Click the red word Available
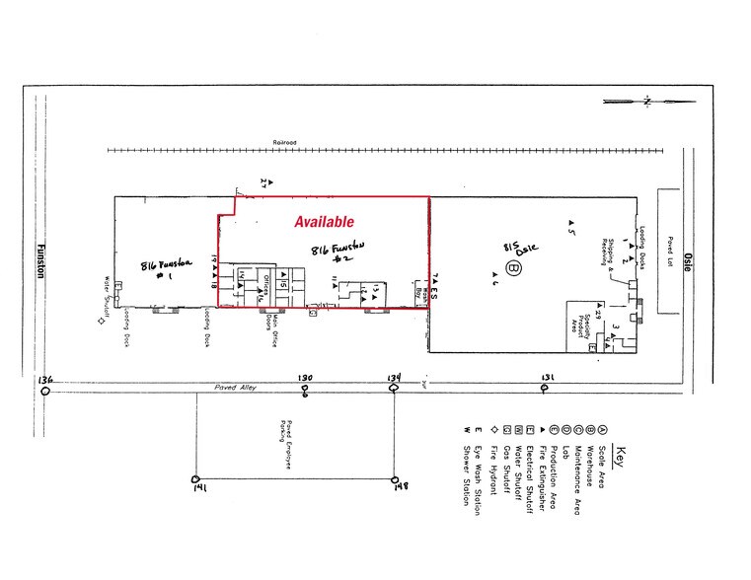click(x=324, y=223)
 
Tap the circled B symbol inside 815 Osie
click(x=512, y=267)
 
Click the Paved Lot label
click(x=668, y=252)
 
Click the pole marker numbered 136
click(x=45, y=391)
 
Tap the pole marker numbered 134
click(x=394, y=390)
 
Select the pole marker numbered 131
click(x=544, y=389)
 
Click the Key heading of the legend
click(x=620, y=459)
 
